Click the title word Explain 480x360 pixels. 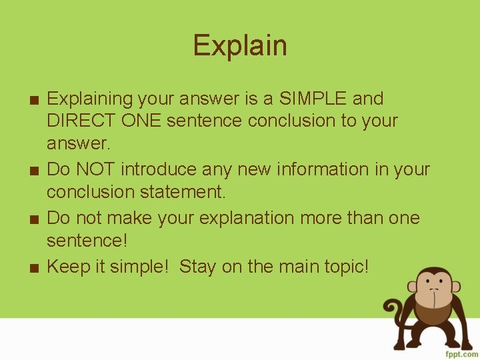click(x=240, y=46)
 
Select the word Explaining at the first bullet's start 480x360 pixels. click(x=90, y=99)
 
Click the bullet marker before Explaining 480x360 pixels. click(x=33, y=100)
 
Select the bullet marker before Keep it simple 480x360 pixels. click(x=33, y=268)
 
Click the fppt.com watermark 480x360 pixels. click(x=460, y=352)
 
